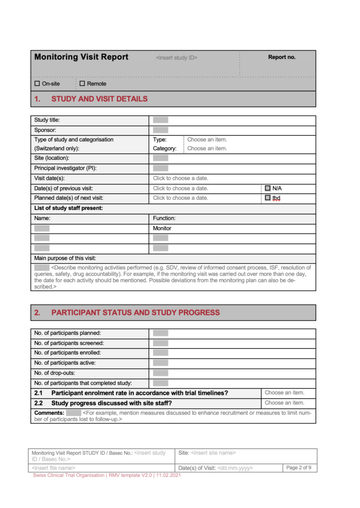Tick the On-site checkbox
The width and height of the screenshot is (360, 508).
point(37,84)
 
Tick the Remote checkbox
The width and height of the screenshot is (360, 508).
point(82,84)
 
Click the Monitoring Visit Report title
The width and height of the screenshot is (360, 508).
point(81,57)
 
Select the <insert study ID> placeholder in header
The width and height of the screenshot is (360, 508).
point(176,58)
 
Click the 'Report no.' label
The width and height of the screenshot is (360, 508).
point(282,57)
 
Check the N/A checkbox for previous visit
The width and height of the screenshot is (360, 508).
point(268,189)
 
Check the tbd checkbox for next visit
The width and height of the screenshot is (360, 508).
point(268,198)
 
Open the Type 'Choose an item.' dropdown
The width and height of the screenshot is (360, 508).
point(207,140)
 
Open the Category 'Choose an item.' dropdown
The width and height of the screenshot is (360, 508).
point(207,148)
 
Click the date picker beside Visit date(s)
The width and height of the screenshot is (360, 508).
point(180,179)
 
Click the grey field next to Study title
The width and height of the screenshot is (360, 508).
point(160,120)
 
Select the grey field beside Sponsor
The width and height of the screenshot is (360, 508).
point(160,130)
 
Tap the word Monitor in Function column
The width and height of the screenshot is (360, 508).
point(162,229)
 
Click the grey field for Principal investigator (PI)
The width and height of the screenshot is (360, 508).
point(160,169)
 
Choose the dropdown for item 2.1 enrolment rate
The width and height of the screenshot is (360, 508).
point(285,393)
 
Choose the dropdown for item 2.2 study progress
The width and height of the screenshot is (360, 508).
point(285,403)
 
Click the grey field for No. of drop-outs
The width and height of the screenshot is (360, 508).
point(160,373)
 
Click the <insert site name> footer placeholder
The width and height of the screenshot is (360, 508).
point(213,453)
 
